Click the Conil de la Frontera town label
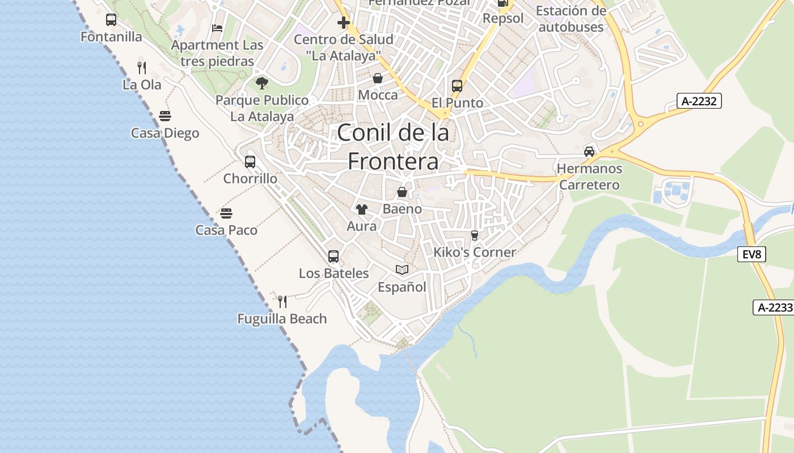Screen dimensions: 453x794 [x=393, y=147]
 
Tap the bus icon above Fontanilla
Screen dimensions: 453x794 [x=111, y=20]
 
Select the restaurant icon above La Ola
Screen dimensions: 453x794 [x=142, y=68]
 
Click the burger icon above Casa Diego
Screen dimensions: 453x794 [x=165, y=116]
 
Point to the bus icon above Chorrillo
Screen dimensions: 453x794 [x=250, y=162]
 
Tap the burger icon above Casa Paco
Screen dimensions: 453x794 [x=226, y=213]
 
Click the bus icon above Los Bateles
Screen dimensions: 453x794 [x=333, y=256]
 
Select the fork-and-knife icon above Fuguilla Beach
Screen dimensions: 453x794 [x=282, y=301]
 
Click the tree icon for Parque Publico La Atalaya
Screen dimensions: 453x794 [x=261, y=83]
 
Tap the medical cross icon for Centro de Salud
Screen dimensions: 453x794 [x=343, y=23]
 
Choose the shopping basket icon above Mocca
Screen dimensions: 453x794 [x=378, y=78]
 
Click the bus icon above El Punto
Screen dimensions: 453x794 [x=457, y=86]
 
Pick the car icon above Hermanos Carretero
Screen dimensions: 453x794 [x=589, y=152]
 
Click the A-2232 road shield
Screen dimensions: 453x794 [x=699, y=101]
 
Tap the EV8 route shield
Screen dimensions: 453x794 [x=751, y=254]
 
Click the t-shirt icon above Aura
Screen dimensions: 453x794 [x=362, y=209]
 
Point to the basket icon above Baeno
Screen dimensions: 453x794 [x=402, y=192]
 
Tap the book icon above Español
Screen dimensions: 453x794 [x=402, y=270]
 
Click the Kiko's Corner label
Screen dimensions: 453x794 [x=475, y=253]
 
